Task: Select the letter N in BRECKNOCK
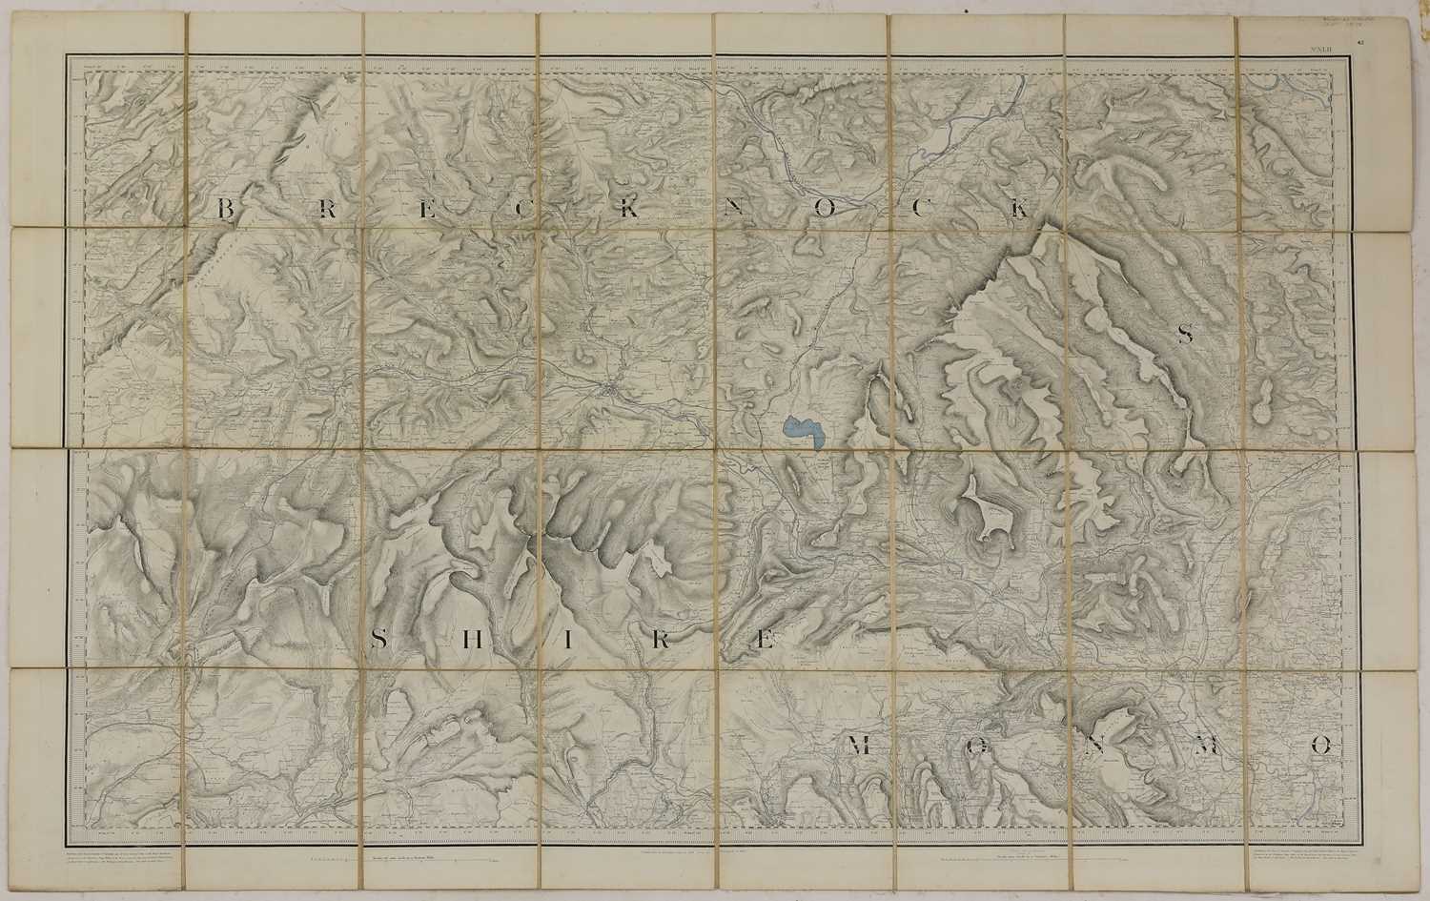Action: (x=732, y=210)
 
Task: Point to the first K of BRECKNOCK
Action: (x=629, y=210)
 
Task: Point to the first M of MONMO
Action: (x=859, y=747)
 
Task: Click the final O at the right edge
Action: (x=1320, y=747)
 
